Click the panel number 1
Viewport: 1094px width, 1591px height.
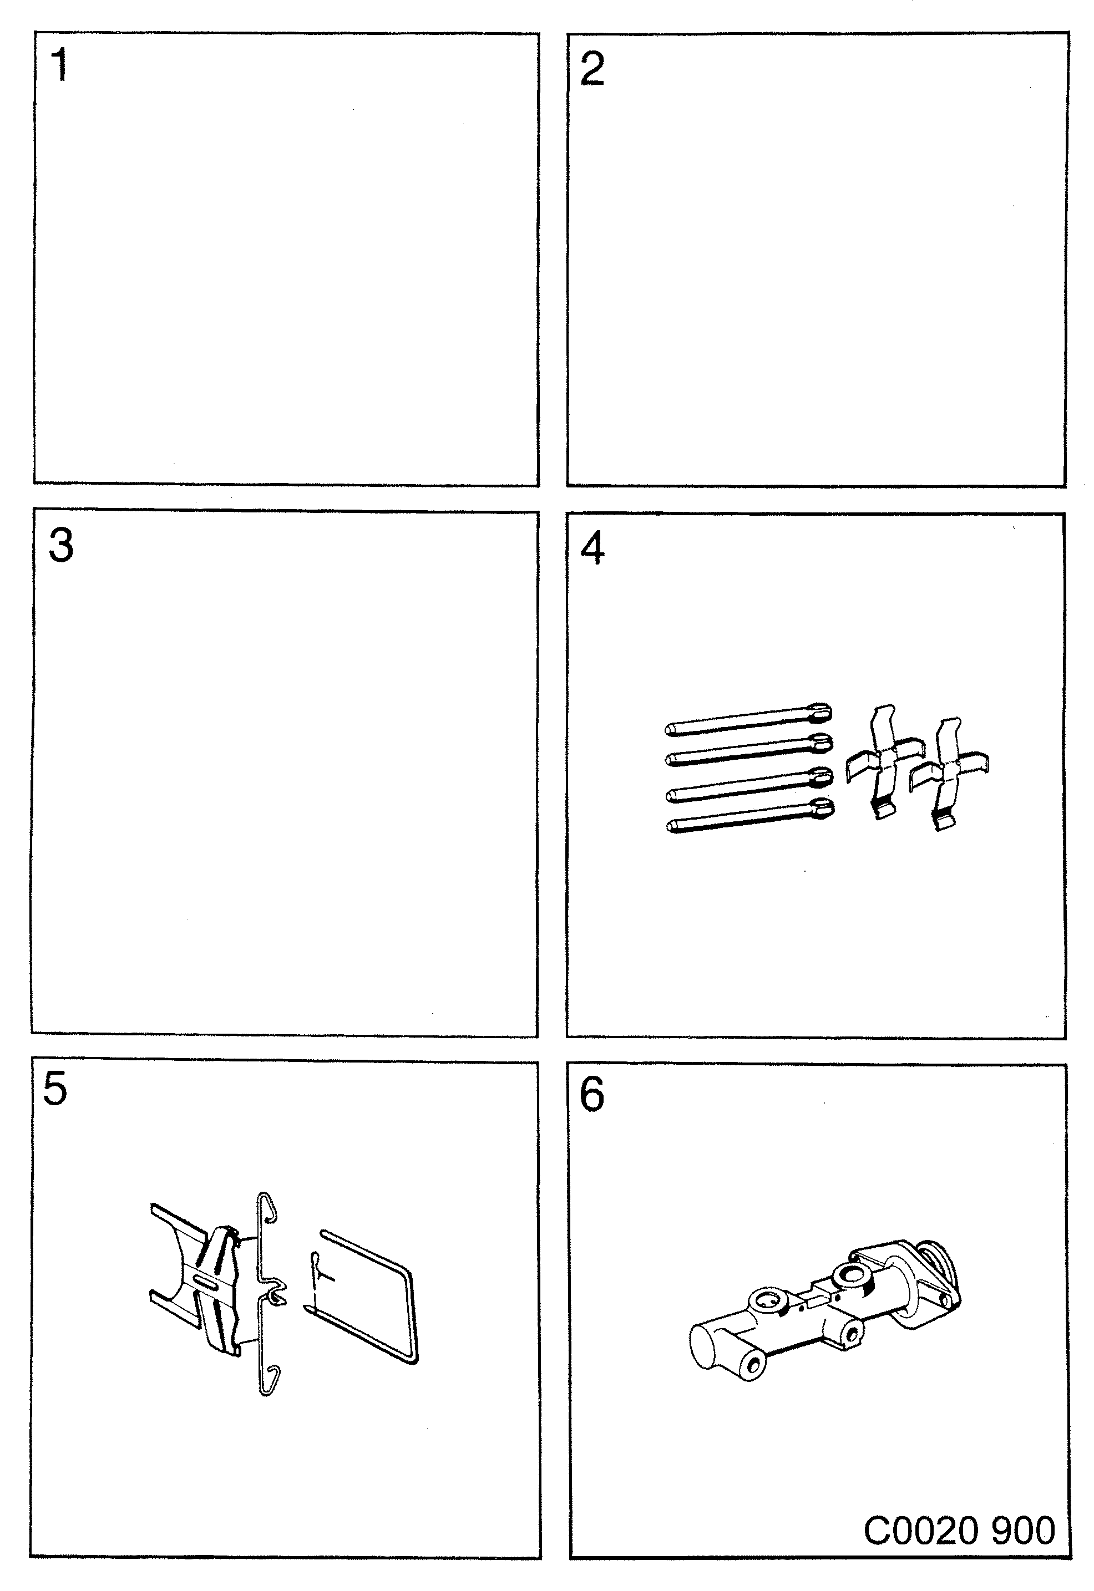click(x=60, y=66)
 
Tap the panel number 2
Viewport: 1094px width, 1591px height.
click(x=592, y=69)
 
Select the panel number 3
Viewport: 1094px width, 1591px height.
click(x=61, y=546)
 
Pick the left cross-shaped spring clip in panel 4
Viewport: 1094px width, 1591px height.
click(x=882, y=760)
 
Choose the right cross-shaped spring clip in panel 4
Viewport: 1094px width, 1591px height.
click(x=949, y=774)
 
